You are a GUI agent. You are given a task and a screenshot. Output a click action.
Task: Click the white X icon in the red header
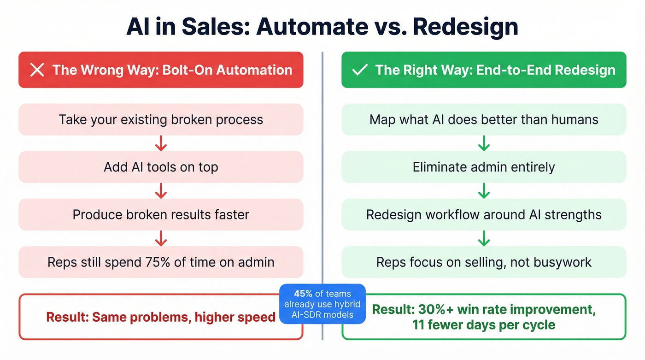(x=37, y=70)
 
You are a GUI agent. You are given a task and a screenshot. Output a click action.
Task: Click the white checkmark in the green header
(x=359, y=70)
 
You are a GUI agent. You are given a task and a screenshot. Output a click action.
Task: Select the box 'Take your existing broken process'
(x=161, y=119)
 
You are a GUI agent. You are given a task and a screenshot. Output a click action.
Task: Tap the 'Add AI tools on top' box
(x=161, y=167)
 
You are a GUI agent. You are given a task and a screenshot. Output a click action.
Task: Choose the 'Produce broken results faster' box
(x=161, y=214)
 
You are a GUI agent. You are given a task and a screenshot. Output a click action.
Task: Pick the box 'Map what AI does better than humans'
(x=484, y=119)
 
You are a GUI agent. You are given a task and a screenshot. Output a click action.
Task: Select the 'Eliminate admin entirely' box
(x=484, y=167)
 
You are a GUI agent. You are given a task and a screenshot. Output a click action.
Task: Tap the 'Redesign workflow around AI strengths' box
(x=484, y=214)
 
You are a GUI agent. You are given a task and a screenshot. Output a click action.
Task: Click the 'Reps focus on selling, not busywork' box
(x=484, y=262)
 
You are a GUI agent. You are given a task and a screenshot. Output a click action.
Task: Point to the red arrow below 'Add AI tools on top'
(x=161, y=190)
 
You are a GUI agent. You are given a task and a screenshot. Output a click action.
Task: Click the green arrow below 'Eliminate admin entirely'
(x=484, y=190)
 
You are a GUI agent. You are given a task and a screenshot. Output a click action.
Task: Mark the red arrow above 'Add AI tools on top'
(x=161, y=143)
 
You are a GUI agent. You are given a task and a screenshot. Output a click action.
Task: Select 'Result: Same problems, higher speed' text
(x=161, y=317)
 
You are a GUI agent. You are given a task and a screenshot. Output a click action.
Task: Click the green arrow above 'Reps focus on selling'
(x=484, y=238)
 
